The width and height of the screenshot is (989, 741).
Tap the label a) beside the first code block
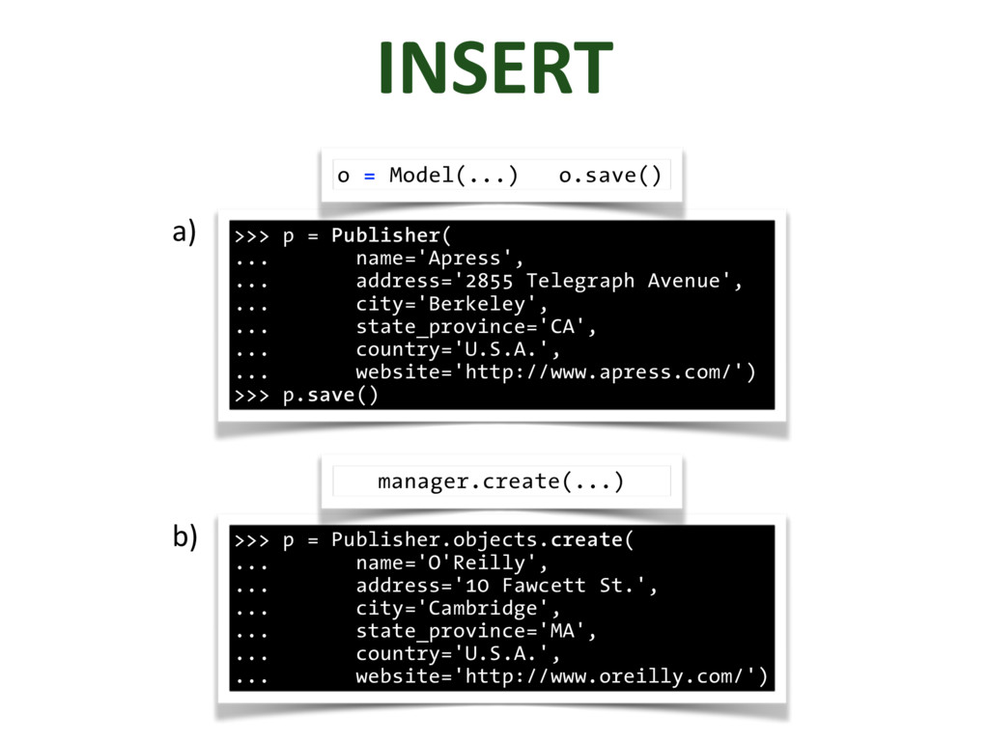click(184, 233)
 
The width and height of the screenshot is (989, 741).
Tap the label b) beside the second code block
click(184, 536)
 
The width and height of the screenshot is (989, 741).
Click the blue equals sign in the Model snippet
click(369, 176)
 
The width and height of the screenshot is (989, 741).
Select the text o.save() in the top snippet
click(610, 176)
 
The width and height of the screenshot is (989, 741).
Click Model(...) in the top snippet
click(453, 176)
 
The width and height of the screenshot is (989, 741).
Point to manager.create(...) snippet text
click(500, 480)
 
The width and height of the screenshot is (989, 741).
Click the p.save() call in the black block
click(330, 396)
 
